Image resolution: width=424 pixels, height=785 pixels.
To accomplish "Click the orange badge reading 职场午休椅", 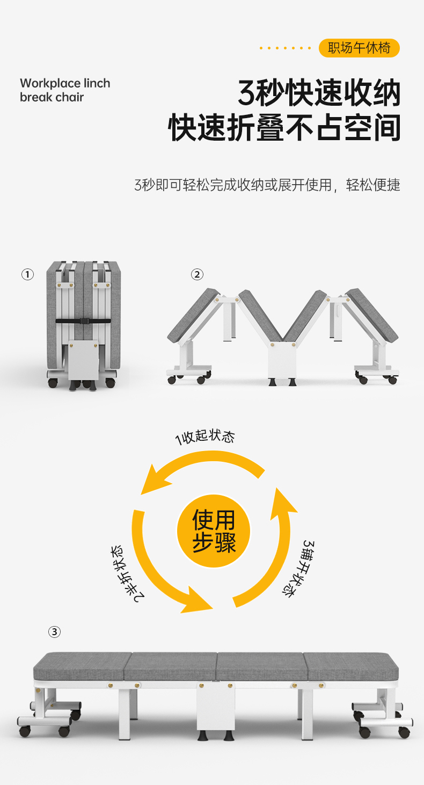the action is (359, 48).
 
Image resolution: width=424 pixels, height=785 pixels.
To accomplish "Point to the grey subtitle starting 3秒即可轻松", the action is (267, 186).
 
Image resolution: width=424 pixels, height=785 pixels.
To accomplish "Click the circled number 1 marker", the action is (27, 275).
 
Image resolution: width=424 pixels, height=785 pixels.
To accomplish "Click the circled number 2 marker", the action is (197, 275).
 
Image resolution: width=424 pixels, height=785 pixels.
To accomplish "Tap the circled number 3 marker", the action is (54, 631).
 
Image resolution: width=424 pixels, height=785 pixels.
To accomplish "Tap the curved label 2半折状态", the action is (127, 573).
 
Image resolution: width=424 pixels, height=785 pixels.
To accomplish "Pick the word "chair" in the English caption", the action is (70, 97).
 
